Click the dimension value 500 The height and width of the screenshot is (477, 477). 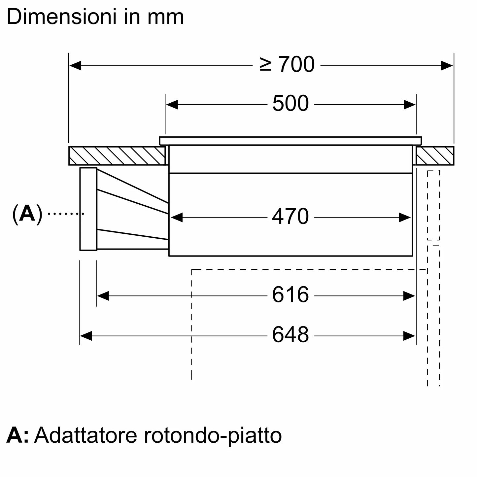pyautogui.click(x=290, y=104)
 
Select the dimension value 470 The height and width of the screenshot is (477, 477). pyautogui.click(x=290, y=217)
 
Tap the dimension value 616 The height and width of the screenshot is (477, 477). pyautogui.click(x=290, y=295)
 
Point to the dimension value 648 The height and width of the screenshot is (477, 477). pyautogui.click(x=290, y=335)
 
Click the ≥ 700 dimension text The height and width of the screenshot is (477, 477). pyautogui.click(x=287, y=65)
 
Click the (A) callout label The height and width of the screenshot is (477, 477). pyautogui.click(x=27, y=214)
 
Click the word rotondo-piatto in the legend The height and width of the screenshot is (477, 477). pyautogui.click(x=213, y=436)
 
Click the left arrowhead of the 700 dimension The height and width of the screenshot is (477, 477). pyautogui.click(x=75, y=65)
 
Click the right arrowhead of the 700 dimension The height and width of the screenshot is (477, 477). pyautogui.click(x=447, y=65)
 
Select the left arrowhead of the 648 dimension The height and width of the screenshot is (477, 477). pyautogui.click(x=85, y=336)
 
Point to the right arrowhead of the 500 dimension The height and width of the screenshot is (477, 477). pyautogui.click(x=410, y=105)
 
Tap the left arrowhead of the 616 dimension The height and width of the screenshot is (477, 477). pyautogui.click(x=103, y=296)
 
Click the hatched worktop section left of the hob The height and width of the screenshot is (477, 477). pyautogui.click(x=117, y=156)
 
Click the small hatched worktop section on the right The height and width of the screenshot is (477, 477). pyautogui.click(x=435, y=156)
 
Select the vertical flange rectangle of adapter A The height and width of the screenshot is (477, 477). pyautogui.click(x=88, y=209)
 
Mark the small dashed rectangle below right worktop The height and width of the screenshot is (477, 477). pyautogui.click(x=433, y=205)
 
